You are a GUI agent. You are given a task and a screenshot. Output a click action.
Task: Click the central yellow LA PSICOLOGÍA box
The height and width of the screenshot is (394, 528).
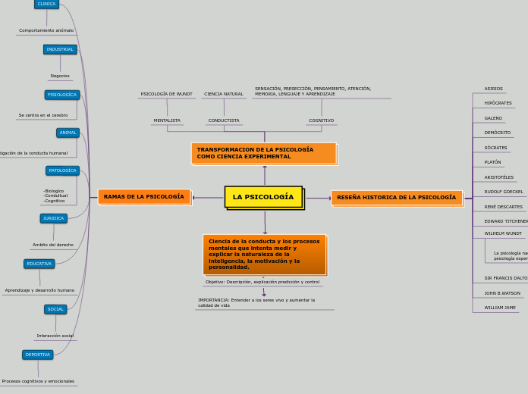pyautogui.click(x=263, y=197)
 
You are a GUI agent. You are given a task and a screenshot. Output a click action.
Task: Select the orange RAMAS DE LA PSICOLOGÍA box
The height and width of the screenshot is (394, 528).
pyautogui.click(x=144, y=197)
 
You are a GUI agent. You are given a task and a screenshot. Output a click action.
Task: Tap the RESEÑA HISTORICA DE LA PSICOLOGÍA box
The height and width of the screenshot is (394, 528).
pyautogui.click(x=397, y=198)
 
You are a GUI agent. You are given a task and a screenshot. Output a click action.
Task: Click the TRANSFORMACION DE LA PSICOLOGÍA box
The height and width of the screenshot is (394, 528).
pyautogui.click(x=263, y=153)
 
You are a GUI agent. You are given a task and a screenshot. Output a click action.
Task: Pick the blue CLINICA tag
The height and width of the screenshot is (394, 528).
pyautogui.click(x=46, y=4)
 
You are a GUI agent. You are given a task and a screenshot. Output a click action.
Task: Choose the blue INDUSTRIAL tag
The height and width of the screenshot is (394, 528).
pyautogui.click(x=60, y=49)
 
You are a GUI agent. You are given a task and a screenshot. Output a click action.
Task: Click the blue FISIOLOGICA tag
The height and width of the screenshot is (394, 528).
pyautogui.click(x=62, y=95)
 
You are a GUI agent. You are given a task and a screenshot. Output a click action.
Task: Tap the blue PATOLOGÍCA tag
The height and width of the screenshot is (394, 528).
pyautogui.click(x=62, y=170)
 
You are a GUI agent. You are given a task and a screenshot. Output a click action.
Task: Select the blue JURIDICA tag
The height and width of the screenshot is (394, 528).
pyautogui.click(x=54, y=218)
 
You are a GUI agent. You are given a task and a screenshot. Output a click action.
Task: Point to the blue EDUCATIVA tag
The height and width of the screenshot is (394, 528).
pyautogui.click(x=39, y=264)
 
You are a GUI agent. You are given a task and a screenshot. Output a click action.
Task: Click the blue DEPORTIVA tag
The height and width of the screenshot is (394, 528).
pyautogui.click(x=38, y=355)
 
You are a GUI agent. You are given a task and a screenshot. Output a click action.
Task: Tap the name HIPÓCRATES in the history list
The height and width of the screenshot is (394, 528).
pyautogui.click(x=498, y=103)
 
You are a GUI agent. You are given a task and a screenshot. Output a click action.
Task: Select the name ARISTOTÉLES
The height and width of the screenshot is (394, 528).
pyautogui.click(x=499, y=177)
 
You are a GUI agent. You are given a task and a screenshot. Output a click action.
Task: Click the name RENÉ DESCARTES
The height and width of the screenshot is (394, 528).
pyautogui.click(x=504, y=207)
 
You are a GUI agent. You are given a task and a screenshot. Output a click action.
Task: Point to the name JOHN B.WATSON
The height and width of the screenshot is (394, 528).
pyautogui.click(x=502, y=293)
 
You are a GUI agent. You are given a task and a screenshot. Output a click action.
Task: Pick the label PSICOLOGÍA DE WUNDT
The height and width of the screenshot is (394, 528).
pyautogui.click(x=167, y=94)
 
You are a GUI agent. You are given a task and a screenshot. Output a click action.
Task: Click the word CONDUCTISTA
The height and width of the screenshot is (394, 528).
pyautogui.click(x=224, y=120)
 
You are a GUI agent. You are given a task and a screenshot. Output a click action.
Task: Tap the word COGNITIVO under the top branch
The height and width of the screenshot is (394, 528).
pyautogui.click(x=321, y=120)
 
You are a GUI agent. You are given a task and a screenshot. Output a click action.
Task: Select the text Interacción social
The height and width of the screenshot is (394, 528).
pyautogui.click(x=55, y=336)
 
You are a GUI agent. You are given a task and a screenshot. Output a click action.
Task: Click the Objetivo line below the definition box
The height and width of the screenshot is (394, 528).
pyautogui.click(x=262, y=282)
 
